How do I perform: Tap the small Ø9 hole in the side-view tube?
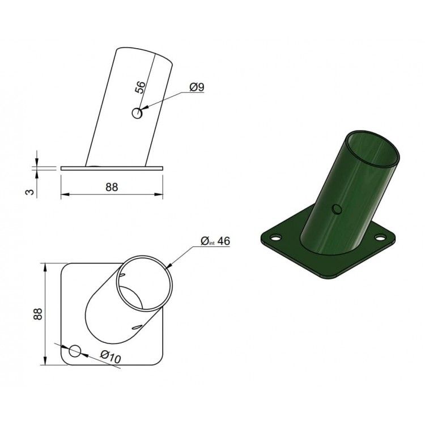(x=137, y=113)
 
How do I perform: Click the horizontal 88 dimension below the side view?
(x=112, y=187)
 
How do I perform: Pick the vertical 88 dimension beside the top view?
(x=37, y=314)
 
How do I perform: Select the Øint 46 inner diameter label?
(x=216, y=241)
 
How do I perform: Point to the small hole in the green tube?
(x=337, y=210)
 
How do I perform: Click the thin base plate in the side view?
(x=112, y=168)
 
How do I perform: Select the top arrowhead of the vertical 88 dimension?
(x=44, y=267)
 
